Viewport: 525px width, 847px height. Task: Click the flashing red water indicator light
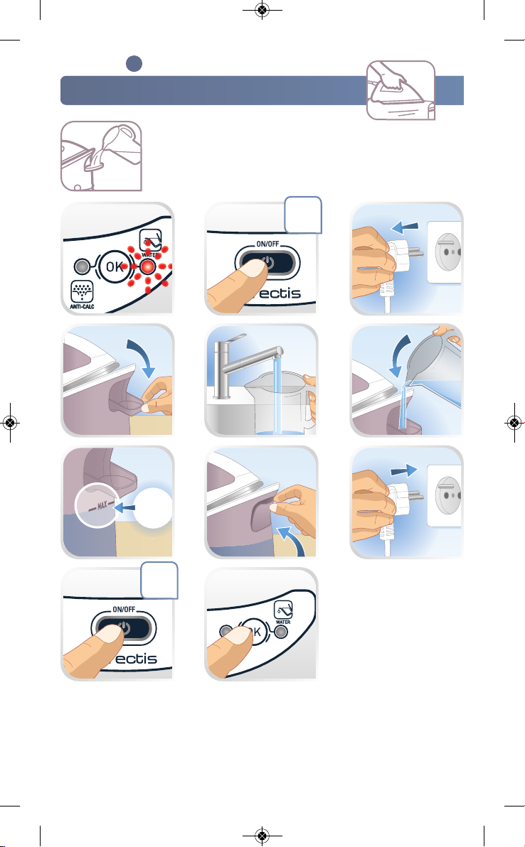tap(148, 267)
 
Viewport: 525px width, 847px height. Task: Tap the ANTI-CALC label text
tap(83, 307)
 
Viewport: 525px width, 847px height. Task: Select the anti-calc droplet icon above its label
tap(83, 292)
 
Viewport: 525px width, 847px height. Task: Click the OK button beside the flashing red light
tap(114, 266)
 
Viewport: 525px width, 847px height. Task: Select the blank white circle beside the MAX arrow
tap(152, 508)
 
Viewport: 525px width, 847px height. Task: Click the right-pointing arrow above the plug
tap(404, 470)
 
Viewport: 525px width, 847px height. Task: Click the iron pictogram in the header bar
tap(401, 90)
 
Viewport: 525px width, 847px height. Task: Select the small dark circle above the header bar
tap(134, 64)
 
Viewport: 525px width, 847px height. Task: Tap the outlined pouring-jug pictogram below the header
tap(101, 156)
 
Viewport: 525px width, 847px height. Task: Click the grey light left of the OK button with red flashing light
tap(83, 267)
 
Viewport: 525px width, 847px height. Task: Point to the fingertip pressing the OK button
tap(238, 640)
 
